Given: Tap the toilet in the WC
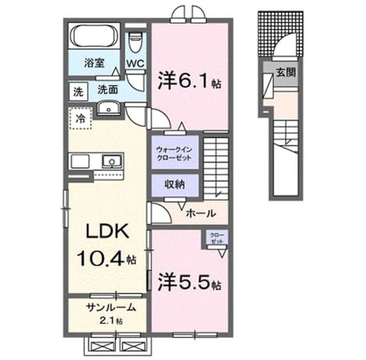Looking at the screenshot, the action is coord(136,42).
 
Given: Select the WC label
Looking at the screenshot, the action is coord(136,63).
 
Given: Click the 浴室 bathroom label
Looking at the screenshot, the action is coord(94,63).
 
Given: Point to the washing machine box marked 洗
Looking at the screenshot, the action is coord(78,91).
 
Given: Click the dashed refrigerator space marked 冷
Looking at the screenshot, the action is coord(80,118).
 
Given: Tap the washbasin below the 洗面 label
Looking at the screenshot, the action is coord(109,109).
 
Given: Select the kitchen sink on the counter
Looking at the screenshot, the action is coord(112,161).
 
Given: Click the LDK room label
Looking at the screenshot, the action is coord(108,231).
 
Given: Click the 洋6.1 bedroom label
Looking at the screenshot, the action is coord(189,81).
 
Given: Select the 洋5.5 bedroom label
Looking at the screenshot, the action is coord(189,282).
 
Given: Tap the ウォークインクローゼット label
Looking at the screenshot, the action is coord(174,154).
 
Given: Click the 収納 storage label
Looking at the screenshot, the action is coord(175,184).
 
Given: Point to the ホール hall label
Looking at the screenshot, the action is coord(201,213).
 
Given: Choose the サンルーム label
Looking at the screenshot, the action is coord(111,308).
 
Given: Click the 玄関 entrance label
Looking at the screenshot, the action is coord(286,72).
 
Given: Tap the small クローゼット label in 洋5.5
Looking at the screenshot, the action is coord(217,238).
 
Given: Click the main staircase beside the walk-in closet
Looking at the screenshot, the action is coord(216,169).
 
